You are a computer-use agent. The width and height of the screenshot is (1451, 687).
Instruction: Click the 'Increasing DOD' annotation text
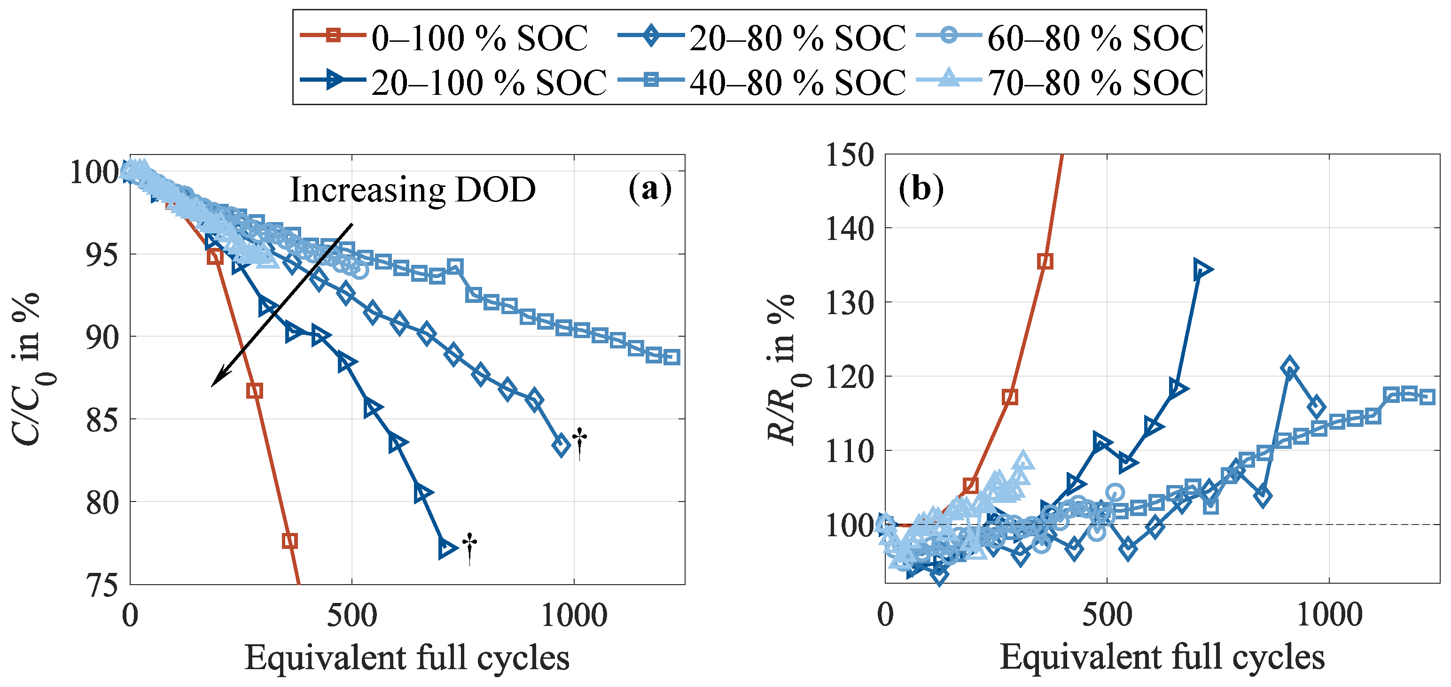pyautogui.click(x=412, y=190)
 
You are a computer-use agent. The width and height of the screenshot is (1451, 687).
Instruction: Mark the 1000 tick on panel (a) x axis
pyautogui.click(x=574, y=616)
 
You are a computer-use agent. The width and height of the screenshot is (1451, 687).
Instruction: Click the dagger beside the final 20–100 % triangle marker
pyautogui.click(x=469, y=548)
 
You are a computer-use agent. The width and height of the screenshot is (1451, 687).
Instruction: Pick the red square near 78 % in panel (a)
pyautogui.click(x=289, y=541)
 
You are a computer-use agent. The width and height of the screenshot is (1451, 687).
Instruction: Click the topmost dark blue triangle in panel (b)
pyautogui.click(x=1202, y=270)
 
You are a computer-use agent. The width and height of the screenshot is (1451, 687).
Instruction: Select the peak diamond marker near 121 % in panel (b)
pyautogui.click(x=1289, y=368)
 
